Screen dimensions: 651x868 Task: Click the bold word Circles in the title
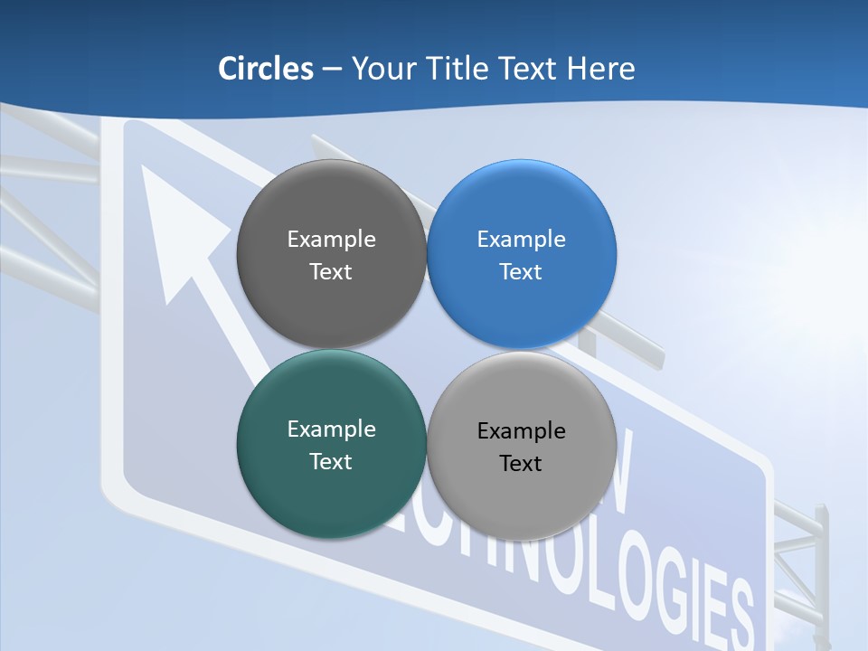click(265, 69)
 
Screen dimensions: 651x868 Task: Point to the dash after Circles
click(331, 70)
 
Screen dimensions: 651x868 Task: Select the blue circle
click(522, 307)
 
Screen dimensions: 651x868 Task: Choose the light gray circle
click(522, 502)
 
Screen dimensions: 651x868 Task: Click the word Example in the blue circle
click(522, 240)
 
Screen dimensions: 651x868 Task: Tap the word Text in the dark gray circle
click(331, 272)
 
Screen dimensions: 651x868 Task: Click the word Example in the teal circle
click(331, 429)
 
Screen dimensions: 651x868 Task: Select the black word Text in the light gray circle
click(522, 464)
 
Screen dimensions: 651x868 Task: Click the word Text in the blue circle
click(522, 272)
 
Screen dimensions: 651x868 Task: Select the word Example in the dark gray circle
click(331, 240)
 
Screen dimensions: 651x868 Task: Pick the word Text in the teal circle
click(331, 462)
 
